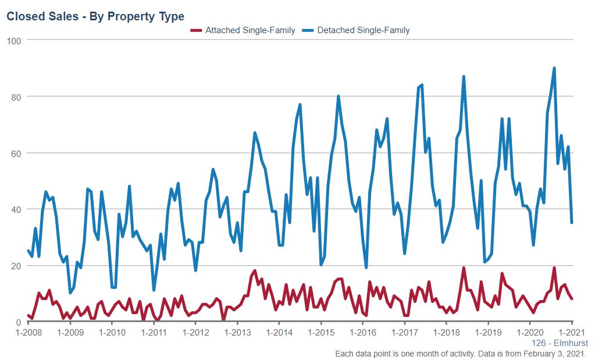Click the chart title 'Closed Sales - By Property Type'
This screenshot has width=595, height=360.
point(95,16)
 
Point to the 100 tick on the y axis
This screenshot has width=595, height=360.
point(15,40)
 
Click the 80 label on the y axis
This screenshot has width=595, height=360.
point(16,97)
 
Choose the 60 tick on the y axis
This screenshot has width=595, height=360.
point(16,153)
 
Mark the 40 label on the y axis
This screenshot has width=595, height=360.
point(16,209)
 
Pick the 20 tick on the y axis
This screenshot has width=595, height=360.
point(16,266)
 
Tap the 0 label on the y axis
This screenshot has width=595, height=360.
point(19,322)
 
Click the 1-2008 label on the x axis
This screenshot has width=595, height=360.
point(28,333)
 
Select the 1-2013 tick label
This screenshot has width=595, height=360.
point(238,333)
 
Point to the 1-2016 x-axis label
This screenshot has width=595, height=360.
point(364,333)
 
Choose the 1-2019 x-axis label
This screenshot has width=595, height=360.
point(489,333)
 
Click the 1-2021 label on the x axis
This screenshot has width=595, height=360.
point(572,333)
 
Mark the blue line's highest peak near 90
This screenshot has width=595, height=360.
point(554,68)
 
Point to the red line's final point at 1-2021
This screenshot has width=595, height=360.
point(572,299)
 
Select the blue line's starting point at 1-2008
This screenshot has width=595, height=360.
point(28,251)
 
